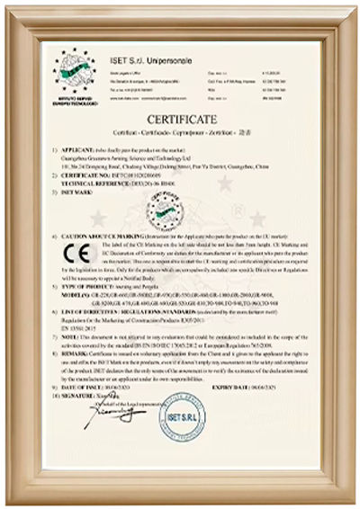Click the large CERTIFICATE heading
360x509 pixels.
tap(180, 120)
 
